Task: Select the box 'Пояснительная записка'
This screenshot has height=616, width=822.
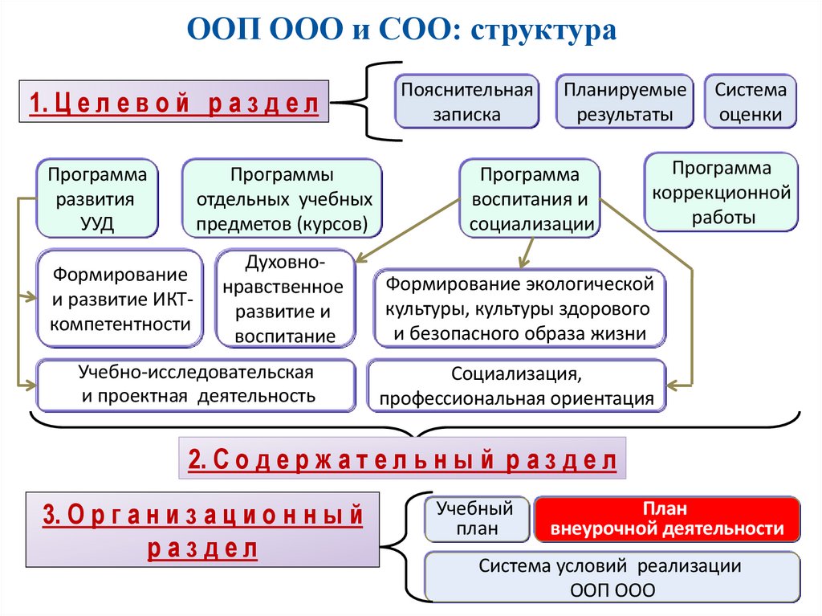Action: (x=466, y=101)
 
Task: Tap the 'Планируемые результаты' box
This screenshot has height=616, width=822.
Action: (x=625, y=101)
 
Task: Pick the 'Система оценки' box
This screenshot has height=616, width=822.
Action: (x=751, y=101)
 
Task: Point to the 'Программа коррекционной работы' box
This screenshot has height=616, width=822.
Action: (x=721, y=193)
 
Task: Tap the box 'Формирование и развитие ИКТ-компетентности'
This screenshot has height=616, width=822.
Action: (x=119, y=300)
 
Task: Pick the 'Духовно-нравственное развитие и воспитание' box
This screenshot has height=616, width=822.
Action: (x=285, y=299)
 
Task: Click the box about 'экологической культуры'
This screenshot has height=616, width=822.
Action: (x=520, y=308)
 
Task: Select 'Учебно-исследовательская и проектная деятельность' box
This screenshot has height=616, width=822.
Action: (x=196, y=384)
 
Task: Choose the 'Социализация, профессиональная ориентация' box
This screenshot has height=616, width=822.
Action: (x=517, y=386)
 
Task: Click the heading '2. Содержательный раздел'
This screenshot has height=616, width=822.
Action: (x=402, y=459)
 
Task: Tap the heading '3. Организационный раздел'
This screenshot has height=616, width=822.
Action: (x=202, y=531)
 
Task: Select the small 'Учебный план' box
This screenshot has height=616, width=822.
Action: (x=475, y=519)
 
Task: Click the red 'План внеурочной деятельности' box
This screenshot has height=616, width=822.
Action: (x=667, y=519)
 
